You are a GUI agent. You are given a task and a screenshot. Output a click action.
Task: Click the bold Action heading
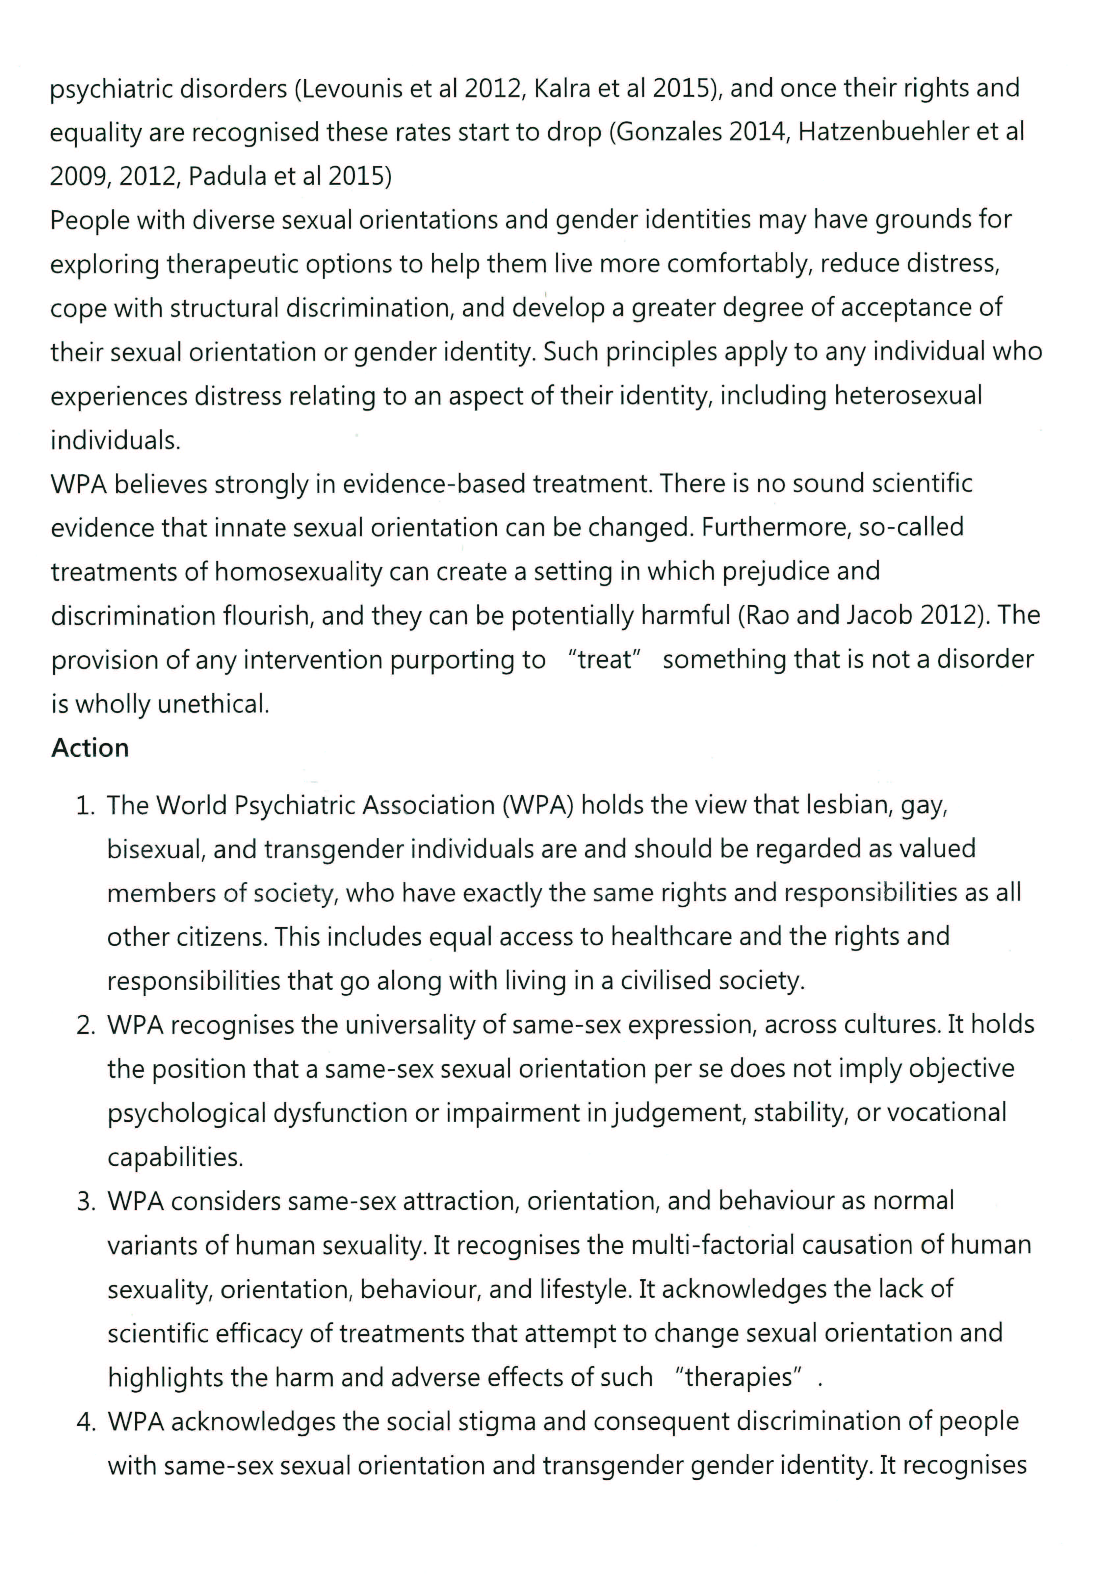click(90, 748)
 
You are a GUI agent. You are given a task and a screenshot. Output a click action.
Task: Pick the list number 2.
click(85, 1025)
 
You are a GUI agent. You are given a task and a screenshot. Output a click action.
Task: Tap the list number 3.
click(85, 1201)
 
